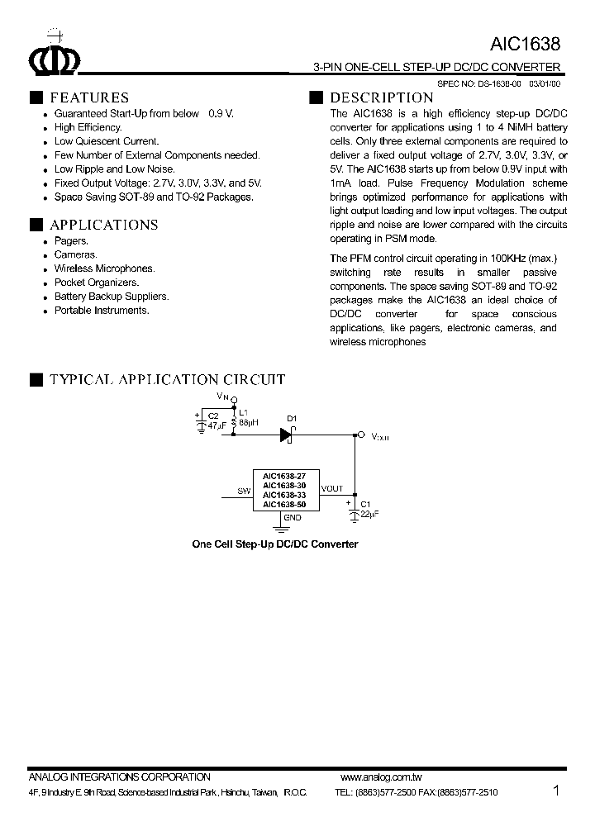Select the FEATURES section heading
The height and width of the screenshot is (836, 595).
(88, 97)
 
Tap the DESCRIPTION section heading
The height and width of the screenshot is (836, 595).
(381, 97)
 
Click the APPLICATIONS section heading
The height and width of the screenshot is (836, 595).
(103, 225)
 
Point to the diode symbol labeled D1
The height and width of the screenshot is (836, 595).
(287, 435)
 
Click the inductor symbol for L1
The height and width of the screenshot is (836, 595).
(234, 422)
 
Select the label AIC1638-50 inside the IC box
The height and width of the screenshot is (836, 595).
(284, 503)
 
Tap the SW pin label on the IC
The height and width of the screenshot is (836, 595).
(244, 491)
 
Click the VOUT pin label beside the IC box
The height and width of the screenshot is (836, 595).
(332, 489)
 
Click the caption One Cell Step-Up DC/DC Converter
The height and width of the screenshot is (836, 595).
(274, 544)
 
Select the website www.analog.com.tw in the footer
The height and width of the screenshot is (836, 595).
(381, 777)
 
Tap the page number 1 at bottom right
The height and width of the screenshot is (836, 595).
(556, 791)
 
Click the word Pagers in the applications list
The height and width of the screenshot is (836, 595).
(71, 240)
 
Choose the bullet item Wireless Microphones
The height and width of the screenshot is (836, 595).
(104, 268)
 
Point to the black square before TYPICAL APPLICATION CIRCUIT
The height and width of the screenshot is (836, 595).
(36, 380)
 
